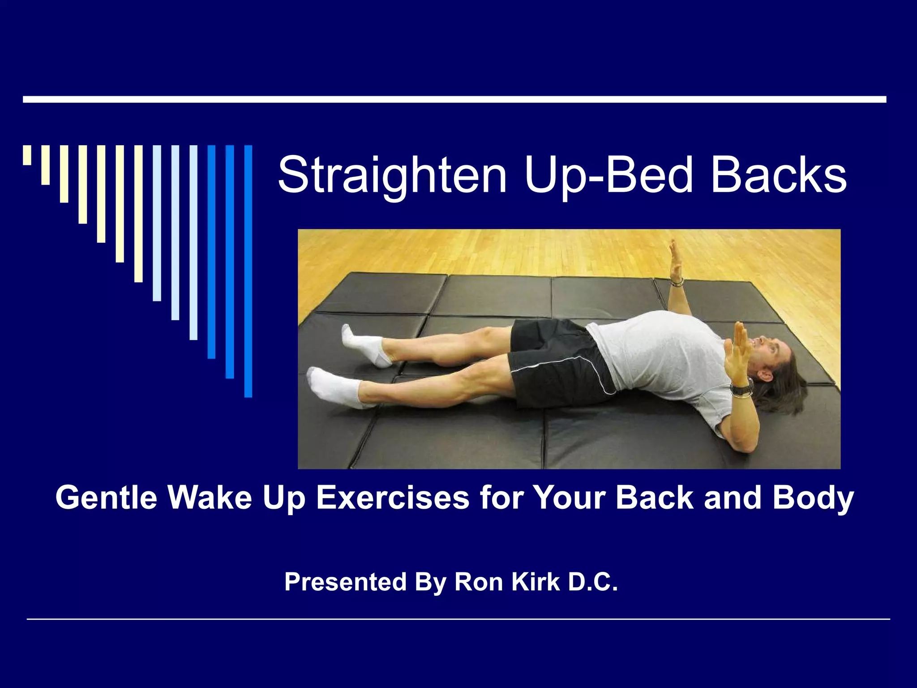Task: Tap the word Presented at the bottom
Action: (x=345, y=582)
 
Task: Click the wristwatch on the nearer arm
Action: (x=742, y=388)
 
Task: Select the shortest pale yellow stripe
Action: (x=27, y=155)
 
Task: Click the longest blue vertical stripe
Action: (x=248, y=271)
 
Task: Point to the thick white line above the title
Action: (x=454, y=99)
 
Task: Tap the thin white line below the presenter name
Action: (x=458, y=619)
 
